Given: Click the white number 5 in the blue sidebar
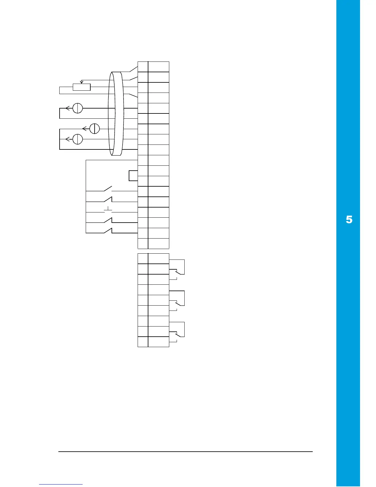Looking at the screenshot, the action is (349, 220).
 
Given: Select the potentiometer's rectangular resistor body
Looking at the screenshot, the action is (81, 87).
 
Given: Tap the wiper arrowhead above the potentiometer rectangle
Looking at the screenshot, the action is (81, 82).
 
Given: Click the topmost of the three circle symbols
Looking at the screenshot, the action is (78, 108).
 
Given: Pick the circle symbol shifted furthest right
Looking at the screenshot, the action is (95, 129).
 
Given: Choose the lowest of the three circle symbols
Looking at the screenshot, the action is (78, 139).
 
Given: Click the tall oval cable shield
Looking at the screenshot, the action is (116, 114).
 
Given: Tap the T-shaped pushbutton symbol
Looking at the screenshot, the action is (108, 210).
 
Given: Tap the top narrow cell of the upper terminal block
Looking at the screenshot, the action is (143, 67).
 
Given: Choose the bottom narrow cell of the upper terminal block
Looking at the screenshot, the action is (143, 244).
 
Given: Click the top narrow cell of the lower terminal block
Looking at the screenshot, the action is (143, 259).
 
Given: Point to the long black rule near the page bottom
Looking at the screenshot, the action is (186, 452).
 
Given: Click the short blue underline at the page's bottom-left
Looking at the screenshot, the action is (61, 484).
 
